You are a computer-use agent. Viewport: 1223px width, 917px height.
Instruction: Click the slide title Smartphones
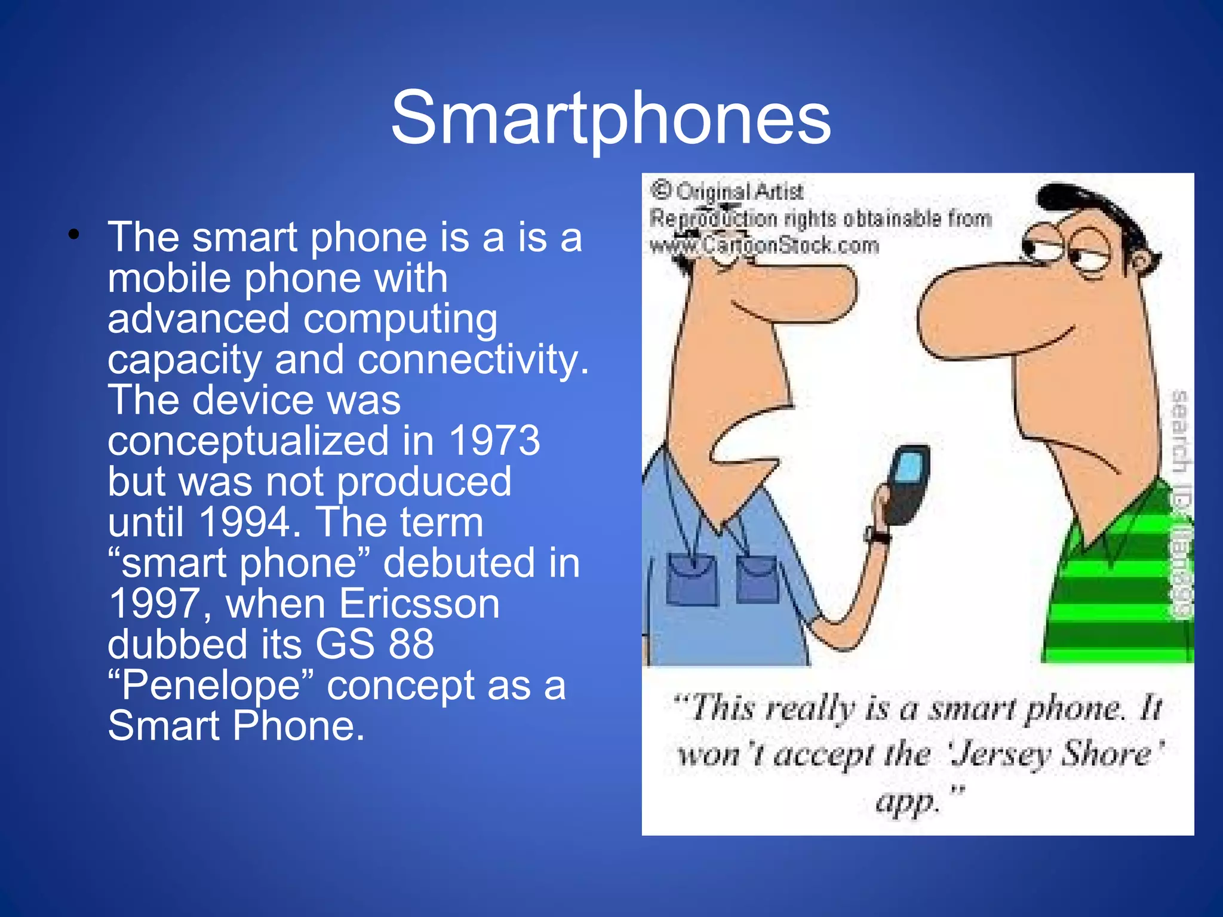point(610,118)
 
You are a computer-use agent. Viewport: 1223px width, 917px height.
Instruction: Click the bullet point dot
point(73,235)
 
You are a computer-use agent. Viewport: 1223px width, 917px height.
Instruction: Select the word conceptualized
point(248,441)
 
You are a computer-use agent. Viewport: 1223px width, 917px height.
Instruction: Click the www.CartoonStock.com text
point(764,245)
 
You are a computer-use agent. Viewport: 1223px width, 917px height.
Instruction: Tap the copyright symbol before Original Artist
point(660,190)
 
